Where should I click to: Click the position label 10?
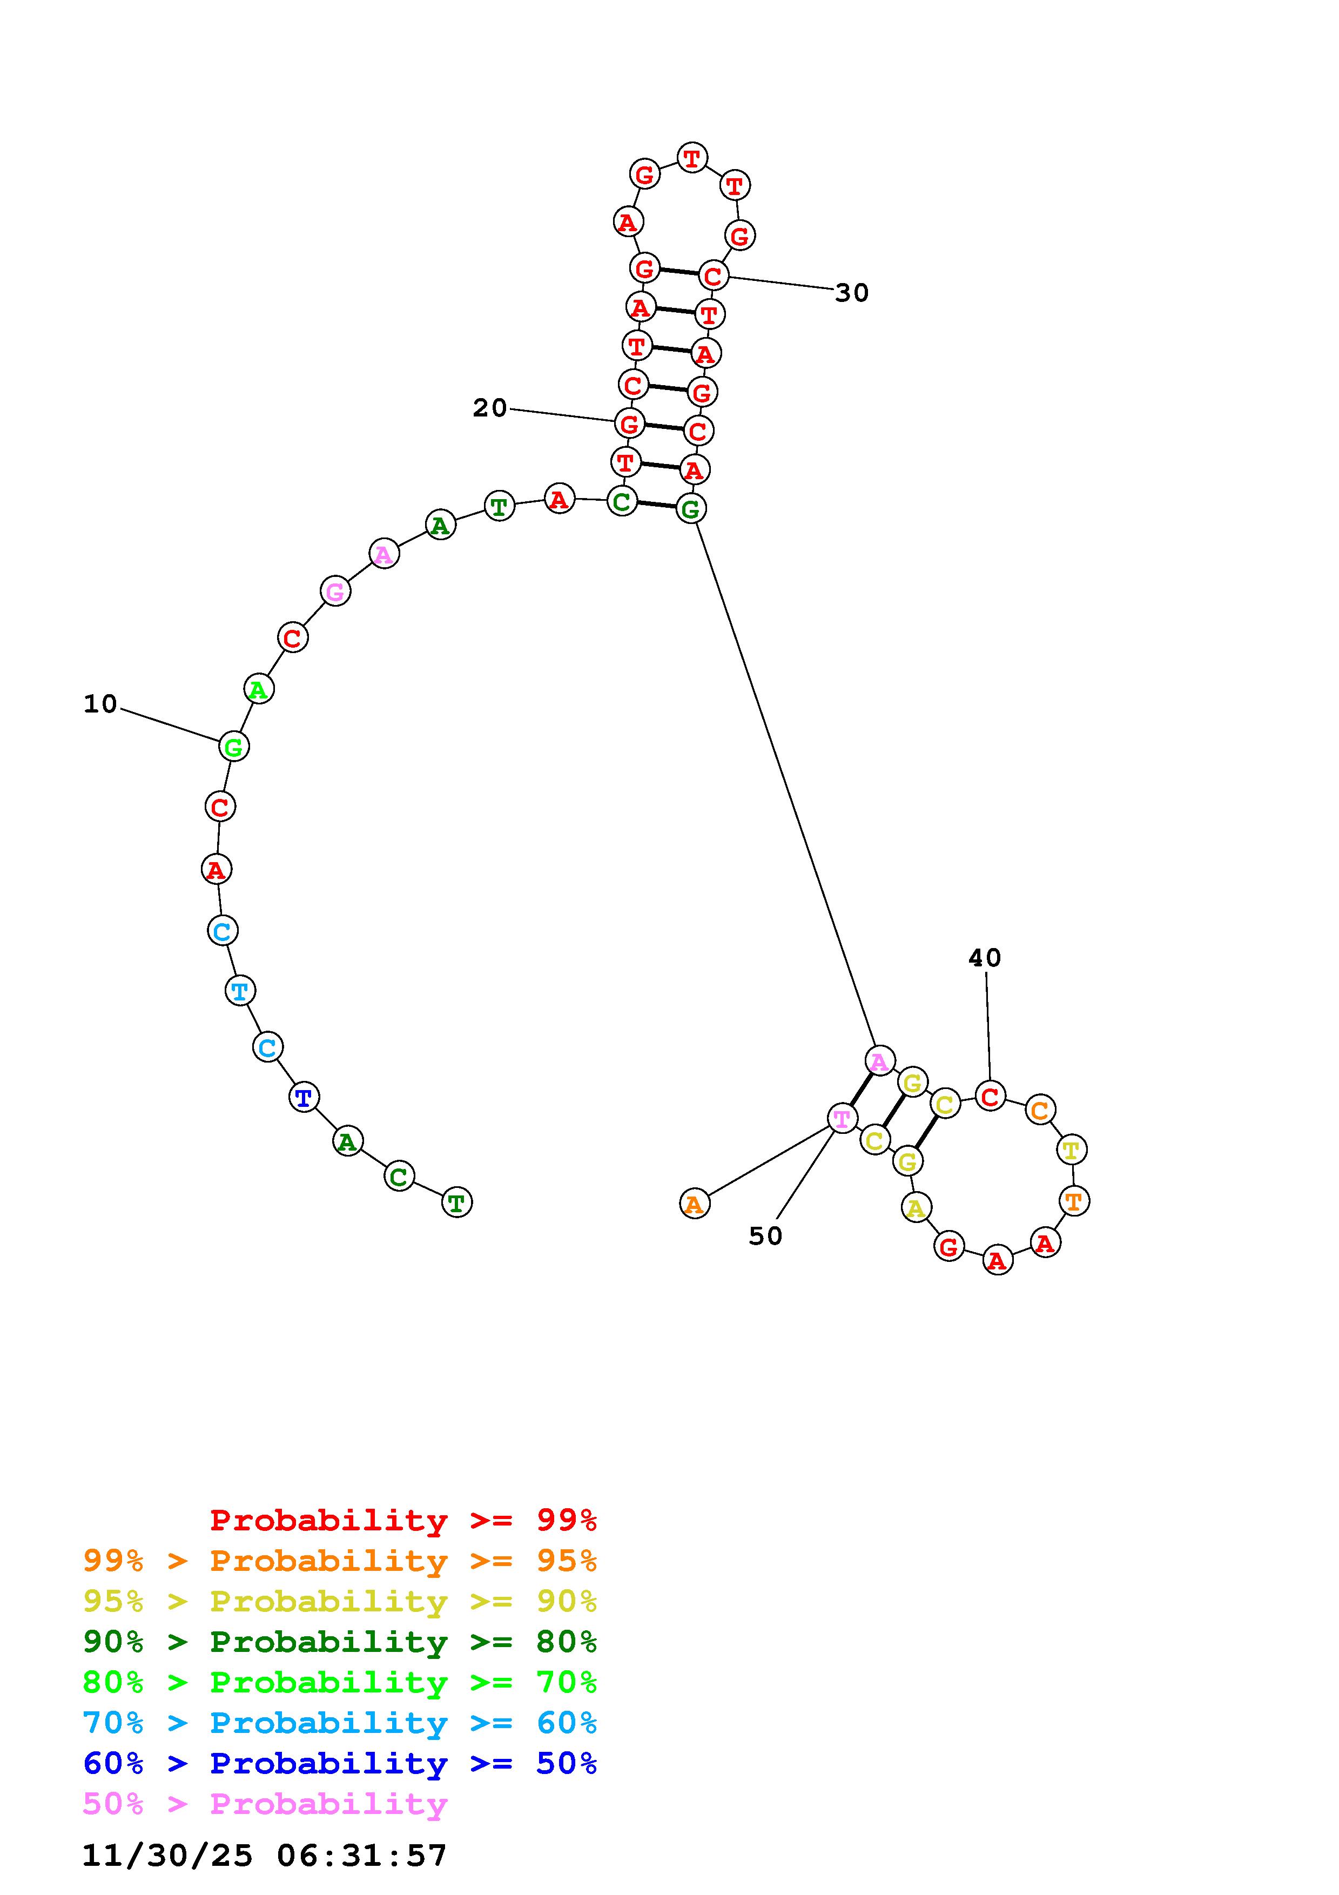tap(100, 704)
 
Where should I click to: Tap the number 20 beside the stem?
tap(489, 408)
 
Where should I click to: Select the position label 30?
tap(852, 293)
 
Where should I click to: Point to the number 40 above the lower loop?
tap(985, 958)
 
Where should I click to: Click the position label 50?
tap(765, 1235)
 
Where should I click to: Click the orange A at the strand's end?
tap(695, 1204)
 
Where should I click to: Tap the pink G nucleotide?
tap(335, 592)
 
